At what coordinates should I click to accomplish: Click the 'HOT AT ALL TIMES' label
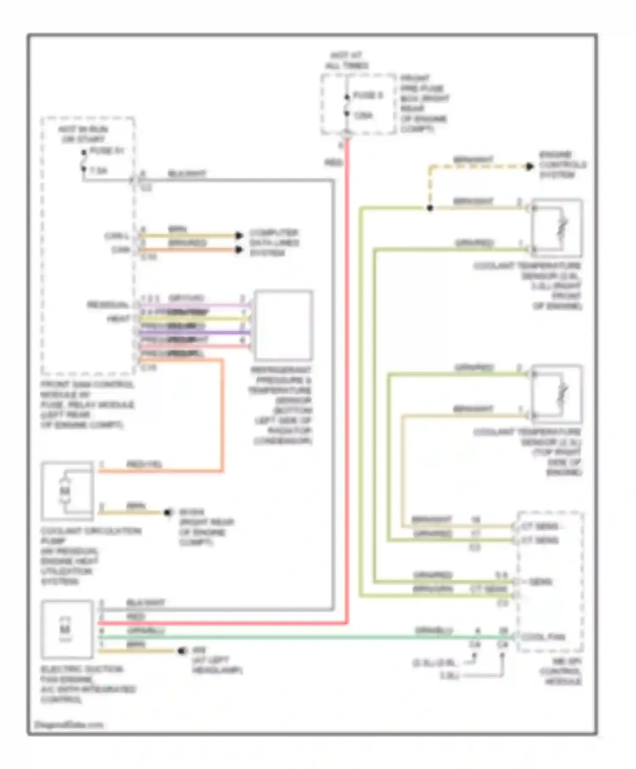[346, 61]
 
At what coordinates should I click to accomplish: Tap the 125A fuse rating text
[363, 115]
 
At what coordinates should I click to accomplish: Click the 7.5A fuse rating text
[98, 171]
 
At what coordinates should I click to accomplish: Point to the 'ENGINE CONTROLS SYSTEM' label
[562, 165]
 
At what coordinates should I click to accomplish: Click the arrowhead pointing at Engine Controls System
[530, 167]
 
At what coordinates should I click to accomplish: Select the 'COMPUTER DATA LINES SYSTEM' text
[274, 243]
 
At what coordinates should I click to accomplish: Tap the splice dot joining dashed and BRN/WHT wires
[430, 208]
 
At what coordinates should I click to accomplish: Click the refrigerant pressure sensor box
[283, 325]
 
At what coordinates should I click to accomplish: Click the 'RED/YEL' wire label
[144, 464]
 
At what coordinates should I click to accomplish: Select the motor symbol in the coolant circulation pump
[64, 491]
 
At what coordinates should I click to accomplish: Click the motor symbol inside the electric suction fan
[65, 630]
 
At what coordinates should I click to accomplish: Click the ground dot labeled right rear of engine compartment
[168, 513]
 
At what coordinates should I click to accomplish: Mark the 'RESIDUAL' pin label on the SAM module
[108, 305]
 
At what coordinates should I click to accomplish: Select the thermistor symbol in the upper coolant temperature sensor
[562, 228]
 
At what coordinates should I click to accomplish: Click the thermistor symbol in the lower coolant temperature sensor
[562, 394]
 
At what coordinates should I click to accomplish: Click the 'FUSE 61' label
[107, 151]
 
